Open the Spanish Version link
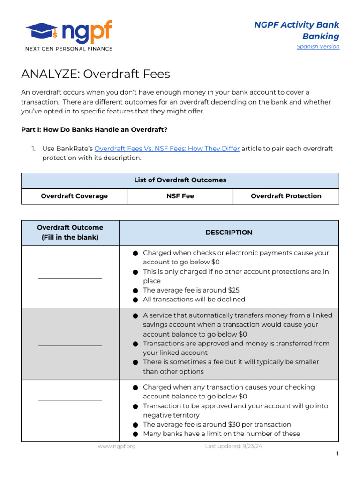[318, 46]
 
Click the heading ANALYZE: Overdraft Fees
[96, 74]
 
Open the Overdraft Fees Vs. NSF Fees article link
[167, 149]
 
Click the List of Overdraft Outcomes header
[180, 180]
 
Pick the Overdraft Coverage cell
[74, 196]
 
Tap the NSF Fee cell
[180, 196]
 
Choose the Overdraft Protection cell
[286, 196]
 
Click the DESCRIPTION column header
[229, 232]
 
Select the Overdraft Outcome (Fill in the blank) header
[70, 232]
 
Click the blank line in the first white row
[70, 278]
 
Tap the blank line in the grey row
[70, 345]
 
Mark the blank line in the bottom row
[70, 400]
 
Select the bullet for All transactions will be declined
[135, 300]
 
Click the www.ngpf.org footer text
[117, 446]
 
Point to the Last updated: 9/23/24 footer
[233, 446]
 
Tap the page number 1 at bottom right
[337, 454]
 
